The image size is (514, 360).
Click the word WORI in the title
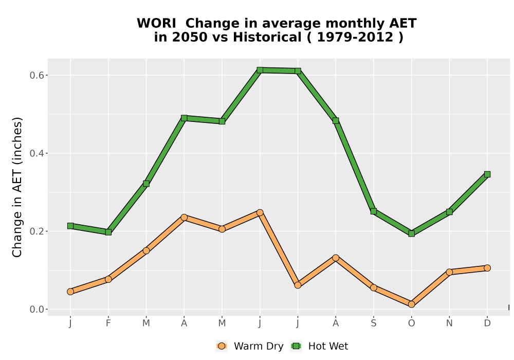[156, 24]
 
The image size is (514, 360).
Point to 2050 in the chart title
[190, 37]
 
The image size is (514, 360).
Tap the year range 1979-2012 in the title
[355, 37]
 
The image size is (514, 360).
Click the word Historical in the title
[267, 37]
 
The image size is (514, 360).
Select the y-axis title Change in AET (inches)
[17, 187]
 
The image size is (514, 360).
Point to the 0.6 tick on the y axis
[36, 76]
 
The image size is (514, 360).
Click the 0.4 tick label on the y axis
[36, 153]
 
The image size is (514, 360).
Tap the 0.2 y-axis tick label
[36, 231]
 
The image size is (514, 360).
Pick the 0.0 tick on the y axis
[36, 309]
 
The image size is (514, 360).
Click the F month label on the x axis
[108, 323]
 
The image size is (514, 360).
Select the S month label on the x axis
[373, 323]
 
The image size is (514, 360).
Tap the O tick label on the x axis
[411, 323]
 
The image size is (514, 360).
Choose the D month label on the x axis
[487, 323]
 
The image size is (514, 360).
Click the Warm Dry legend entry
[250, 346]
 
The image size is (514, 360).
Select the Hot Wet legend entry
[319, 346]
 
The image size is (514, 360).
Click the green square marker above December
[487, 174]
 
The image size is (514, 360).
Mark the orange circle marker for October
[411, 304]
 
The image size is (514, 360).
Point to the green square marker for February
[108, 232]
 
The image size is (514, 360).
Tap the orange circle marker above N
[449, 272]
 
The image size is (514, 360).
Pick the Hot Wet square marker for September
[373, 211]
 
